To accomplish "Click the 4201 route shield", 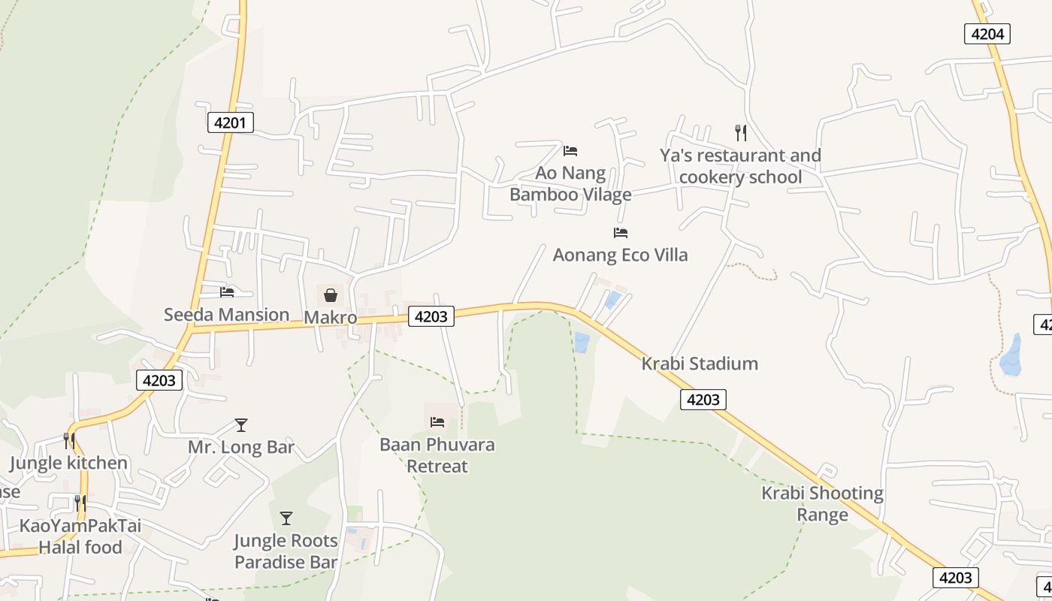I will click(230, 122).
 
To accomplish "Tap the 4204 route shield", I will click(987, 33).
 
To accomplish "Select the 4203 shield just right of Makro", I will click(431, 316).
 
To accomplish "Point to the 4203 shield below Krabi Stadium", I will click(703, 400).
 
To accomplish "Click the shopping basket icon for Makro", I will click(330, 294).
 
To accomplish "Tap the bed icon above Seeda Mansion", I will click(227, 291).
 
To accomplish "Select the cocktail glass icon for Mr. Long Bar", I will click(240, 425).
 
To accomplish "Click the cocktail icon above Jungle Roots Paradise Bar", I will click(286, 518).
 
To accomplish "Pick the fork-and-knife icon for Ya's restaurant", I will click(741, 133).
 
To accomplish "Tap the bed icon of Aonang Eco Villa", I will click(620, 233).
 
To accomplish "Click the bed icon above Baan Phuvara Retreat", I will click(437, 422).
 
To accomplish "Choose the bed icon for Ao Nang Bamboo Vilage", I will click(570, 151).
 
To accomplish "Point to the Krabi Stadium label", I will click(699, 364).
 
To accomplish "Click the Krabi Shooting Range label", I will click(822, 503).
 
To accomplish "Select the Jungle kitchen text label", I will click(68, 463).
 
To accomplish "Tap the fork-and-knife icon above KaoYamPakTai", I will click(80, 503).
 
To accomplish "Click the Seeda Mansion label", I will click(226, 314).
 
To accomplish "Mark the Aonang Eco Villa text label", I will click(620, 255).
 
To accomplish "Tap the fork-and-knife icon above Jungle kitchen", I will click(69, 440).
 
